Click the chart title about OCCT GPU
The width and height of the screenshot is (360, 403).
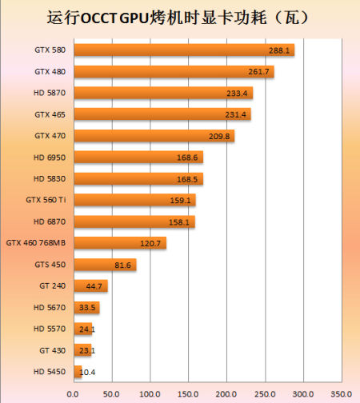pyautogui.click(x=178, y=18)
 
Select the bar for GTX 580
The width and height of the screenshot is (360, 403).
pyautogui.click(x=184, y=50)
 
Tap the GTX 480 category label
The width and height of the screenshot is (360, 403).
pyautogui.click(x=50, y=72)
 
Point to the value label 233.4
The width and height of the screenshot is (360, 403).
pyautogui.click(x=237, y=94)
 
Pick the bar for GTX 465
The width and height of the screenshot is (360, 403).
pyautogui.click(x=162, y=114)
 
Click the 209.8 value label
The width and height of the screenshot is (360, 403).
pyautogui.click(x=219, y=137)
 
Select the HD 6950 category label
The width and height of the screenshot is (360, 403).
pyautogui.click(x=50, y=158)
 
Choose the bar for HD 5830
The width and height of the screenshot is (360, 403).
pyautogui.click(x=138, y=178)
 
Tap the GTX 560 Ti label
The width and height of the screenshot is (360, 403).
pyautogui.click(x=46, y=200)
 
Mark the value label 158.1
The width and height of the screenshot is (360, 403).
pyautogui.click(x=179, y=222)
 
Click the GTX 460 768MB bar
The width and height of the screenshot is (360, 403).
pyautogui.click(x=120, y=243)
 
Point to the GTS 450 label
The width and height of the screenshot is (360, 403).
pyautogui.click(x=50, y=265)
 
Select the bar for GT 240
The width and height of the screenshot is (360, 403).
pyautogui.click(x=91, y=286)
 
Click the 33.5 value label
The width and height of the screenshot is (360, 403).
pyautogui.click(x=87, y=308)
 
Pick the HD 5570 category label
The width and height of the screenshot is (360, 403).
pyautogui.click(x=50, y=329)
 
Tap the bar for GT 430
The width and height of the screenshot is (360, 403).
pyautogui.click(x=82, y=350)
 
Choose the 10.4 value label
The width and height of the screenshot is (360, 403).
pyautogui.click(x=87, y=372)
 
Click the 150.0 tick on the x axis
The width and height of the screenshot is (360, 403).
pyautogui.click(x=188, y=394)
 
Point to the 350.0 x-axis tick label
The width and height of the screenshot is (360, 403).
pyautogui.click(x=342, y=394)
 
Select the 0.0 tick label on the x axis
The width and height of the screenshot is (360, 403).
pyautogui.click(x=73, y=394)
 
